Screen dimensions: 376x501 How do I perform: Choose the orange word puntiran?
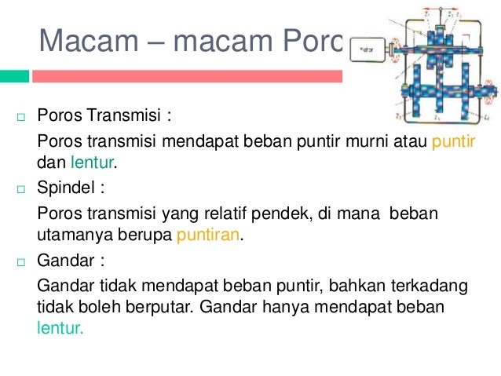pyautogui.click(x=207, y=234)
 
